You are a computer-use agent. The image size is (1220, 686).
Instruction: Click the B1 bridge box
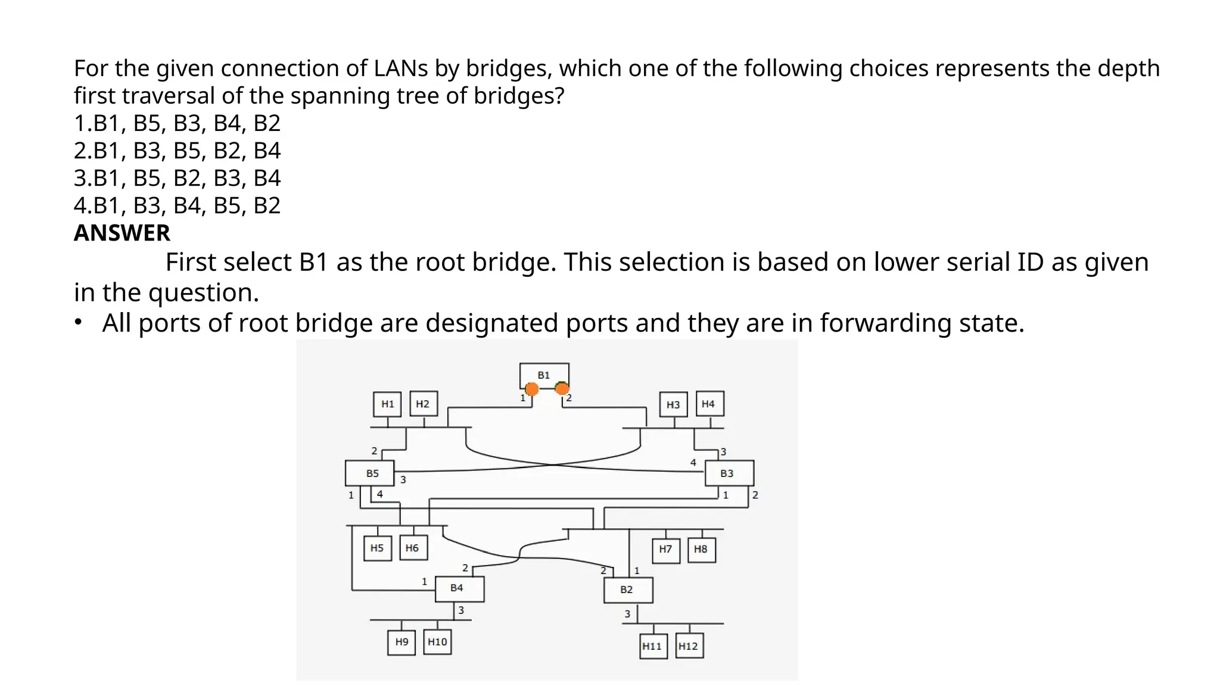point(544,375)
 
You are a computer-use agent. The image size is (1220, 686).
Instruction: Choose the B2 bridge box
point(628,590)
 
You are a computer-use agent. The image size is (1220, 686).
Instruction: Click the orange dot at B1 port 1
point(532,389)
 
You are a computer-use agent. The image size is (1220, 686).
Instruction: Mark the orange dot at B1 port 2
point(562,389)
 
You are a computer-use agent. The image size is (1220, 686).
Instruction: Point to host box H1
point(387,404)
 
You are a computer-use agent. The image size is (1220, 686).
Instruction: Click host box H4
point(709,404)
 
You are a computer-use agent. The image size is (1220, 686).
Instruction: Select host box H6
point(413,548)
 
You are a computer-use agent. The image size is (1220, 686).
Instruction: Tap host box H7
point(665,549)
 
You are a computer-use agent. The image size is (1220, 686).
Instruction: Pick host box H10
point(437,642)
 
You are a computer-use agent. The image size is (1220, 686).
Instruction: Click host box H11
point(653,646)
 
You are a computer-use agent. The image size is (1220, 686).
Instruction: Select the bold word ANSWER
point(122,233)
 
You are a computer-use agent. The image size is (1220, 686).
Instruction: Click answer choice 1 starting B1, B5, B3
point(177,123)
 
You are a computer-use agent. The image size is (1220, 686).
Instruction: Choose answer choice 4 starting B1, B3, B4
point(177,205)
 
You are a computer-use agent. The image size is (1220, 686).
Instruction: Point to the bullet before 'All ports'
point(78,322)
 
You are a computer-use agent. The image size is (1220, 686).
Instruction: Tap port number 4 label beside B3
point(693,462)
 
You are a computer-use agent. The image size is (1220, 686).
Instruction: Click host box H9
point(402,642)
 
